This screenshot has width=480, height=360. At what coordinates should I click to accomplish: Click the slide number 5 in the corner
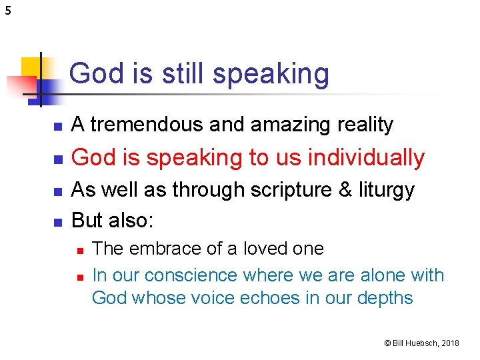click(7, 10)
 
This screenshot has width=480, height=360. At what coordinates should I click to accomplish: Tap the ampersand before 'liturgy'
click(345, 190)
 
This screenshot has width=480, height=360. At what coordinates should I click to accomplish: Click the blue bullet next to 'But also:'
click(58, 220)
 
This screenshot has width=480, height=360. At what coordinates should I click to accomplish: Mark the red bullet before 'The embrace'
click(79, 250)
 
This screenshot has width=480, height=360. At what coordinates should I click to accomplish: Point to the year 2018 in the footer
click(450, 343)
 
